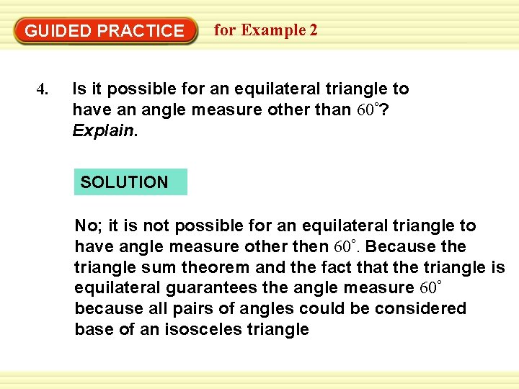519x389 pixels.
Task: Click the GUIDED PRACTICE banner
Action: click(105, 31)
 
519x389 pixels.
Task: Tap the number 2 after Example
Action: click(312, 30)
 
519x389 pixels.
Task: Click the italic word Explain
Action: click(102, 130)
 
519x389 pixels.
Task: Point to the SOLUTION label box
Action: click(130, 182)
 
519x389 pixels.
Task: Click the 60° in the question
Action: click(369, 109)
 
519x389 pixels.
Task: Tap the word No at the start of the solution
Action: click(86, 225)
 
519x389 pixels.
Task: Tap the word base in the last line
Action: click(92, 330)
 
